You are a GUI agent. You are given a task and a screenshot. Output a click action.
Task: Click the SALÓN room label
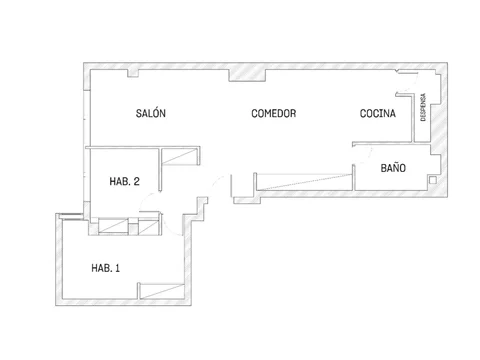(x=151, y=113)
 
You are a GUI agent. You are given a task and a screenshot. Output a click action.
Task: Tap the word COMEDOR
(x=274, y=113)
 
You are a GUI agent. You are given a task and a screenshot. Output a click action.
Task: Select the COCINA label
(x=378, y=113)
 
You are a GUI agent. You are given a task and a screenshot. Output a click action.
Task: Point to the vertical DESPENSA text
(x=423, y=107)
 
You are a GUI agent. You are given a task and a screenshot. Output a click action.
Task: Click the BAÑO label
(x=393, y=167)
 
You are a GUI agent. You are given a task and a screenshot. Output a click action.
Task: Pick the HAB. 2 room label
(x=124, y=181)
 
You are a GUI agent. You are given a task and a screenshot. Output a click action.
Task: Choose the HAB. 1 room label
(x=105, y=268)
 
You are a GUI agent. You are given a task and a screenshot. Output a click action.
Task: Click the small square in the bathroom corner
(x=433, y=180)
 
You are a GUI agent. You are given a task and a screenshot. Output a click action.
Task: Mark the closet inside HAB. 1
(x=162, y=291)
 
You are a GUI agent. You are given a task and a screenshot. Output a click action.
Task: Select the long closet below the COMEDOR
(x=304, y=182)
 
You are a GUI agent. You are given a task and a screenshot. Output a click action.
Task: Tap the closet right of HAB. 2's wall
(x=180, y=157)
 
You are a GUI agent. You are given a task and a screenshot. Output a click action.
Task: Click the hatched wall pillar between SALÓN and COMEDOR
(x=247, y=75)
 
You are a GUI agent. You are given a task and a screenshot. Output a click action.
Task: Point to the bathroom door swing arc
(x=368, y=154)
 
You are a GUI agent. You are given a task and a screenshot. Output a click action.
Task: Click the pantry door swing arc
(x=413, y=84)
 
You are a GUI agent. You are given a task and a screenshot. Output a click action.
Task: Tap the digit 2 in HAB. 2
(x=136, y=181)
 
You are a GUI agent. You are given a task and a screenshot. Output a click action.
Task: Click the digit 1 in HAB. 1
(x=117, y=268)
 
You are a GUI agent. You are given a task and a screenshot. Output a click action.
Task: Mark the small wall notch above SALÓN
(x=133, y=73)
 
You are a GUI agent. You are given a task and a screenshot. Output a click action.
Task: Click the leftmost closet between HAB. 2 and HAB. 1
(x=113, y=226)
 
